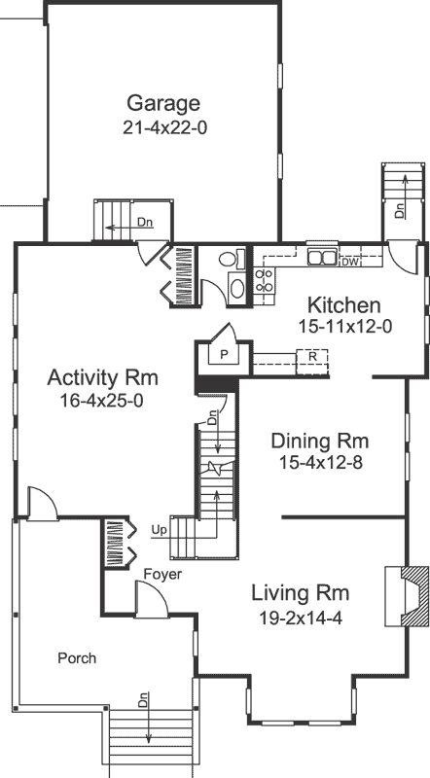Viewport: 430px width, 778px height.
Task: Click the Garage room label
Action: point(162,104)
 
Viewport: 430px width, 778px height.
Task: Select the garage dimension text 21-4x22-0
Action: point(162,127)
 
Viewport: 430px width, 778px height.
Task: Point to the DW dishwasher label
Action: point(350,261)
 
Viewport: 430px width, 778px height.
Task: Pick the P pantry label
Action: point(223,355)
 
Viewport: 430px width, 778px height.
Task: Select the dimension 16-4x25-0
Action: point(102,400)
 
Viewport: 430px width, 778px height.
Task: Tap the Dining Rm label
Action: point(320,441)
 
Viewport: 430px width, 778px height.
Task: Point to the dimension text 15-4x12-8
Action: point(320,463)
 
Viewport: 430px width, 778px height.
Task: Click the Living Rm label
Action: point(300,592)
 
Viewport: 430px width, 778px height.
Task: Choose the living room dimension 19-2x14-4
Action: point(300,616)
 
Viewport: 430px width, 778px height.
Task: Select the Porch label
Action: point(76,658)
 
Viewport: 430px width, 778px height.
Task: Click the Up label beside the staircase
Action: point(159,530)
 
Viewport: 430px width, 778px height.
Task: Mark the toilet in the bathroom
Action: point(230,260)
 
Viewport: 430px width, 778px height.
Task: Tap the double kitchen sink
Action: point(322,258)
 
